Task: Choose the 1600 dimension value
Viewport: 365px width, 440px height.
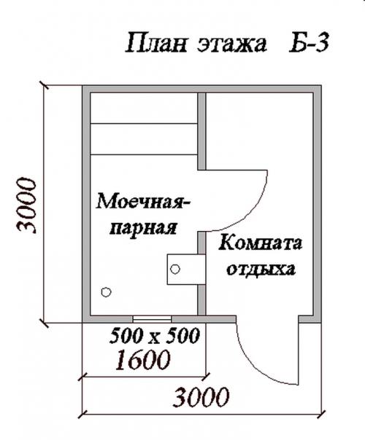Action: click(143, 360)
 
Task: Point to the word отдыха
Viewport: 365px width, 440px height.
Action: click(261, 270)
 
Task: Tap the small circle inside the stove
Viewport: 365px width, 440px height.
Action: click(174, 269)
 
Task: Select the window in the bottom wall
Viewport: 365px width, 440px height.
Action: click(153, 318)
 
